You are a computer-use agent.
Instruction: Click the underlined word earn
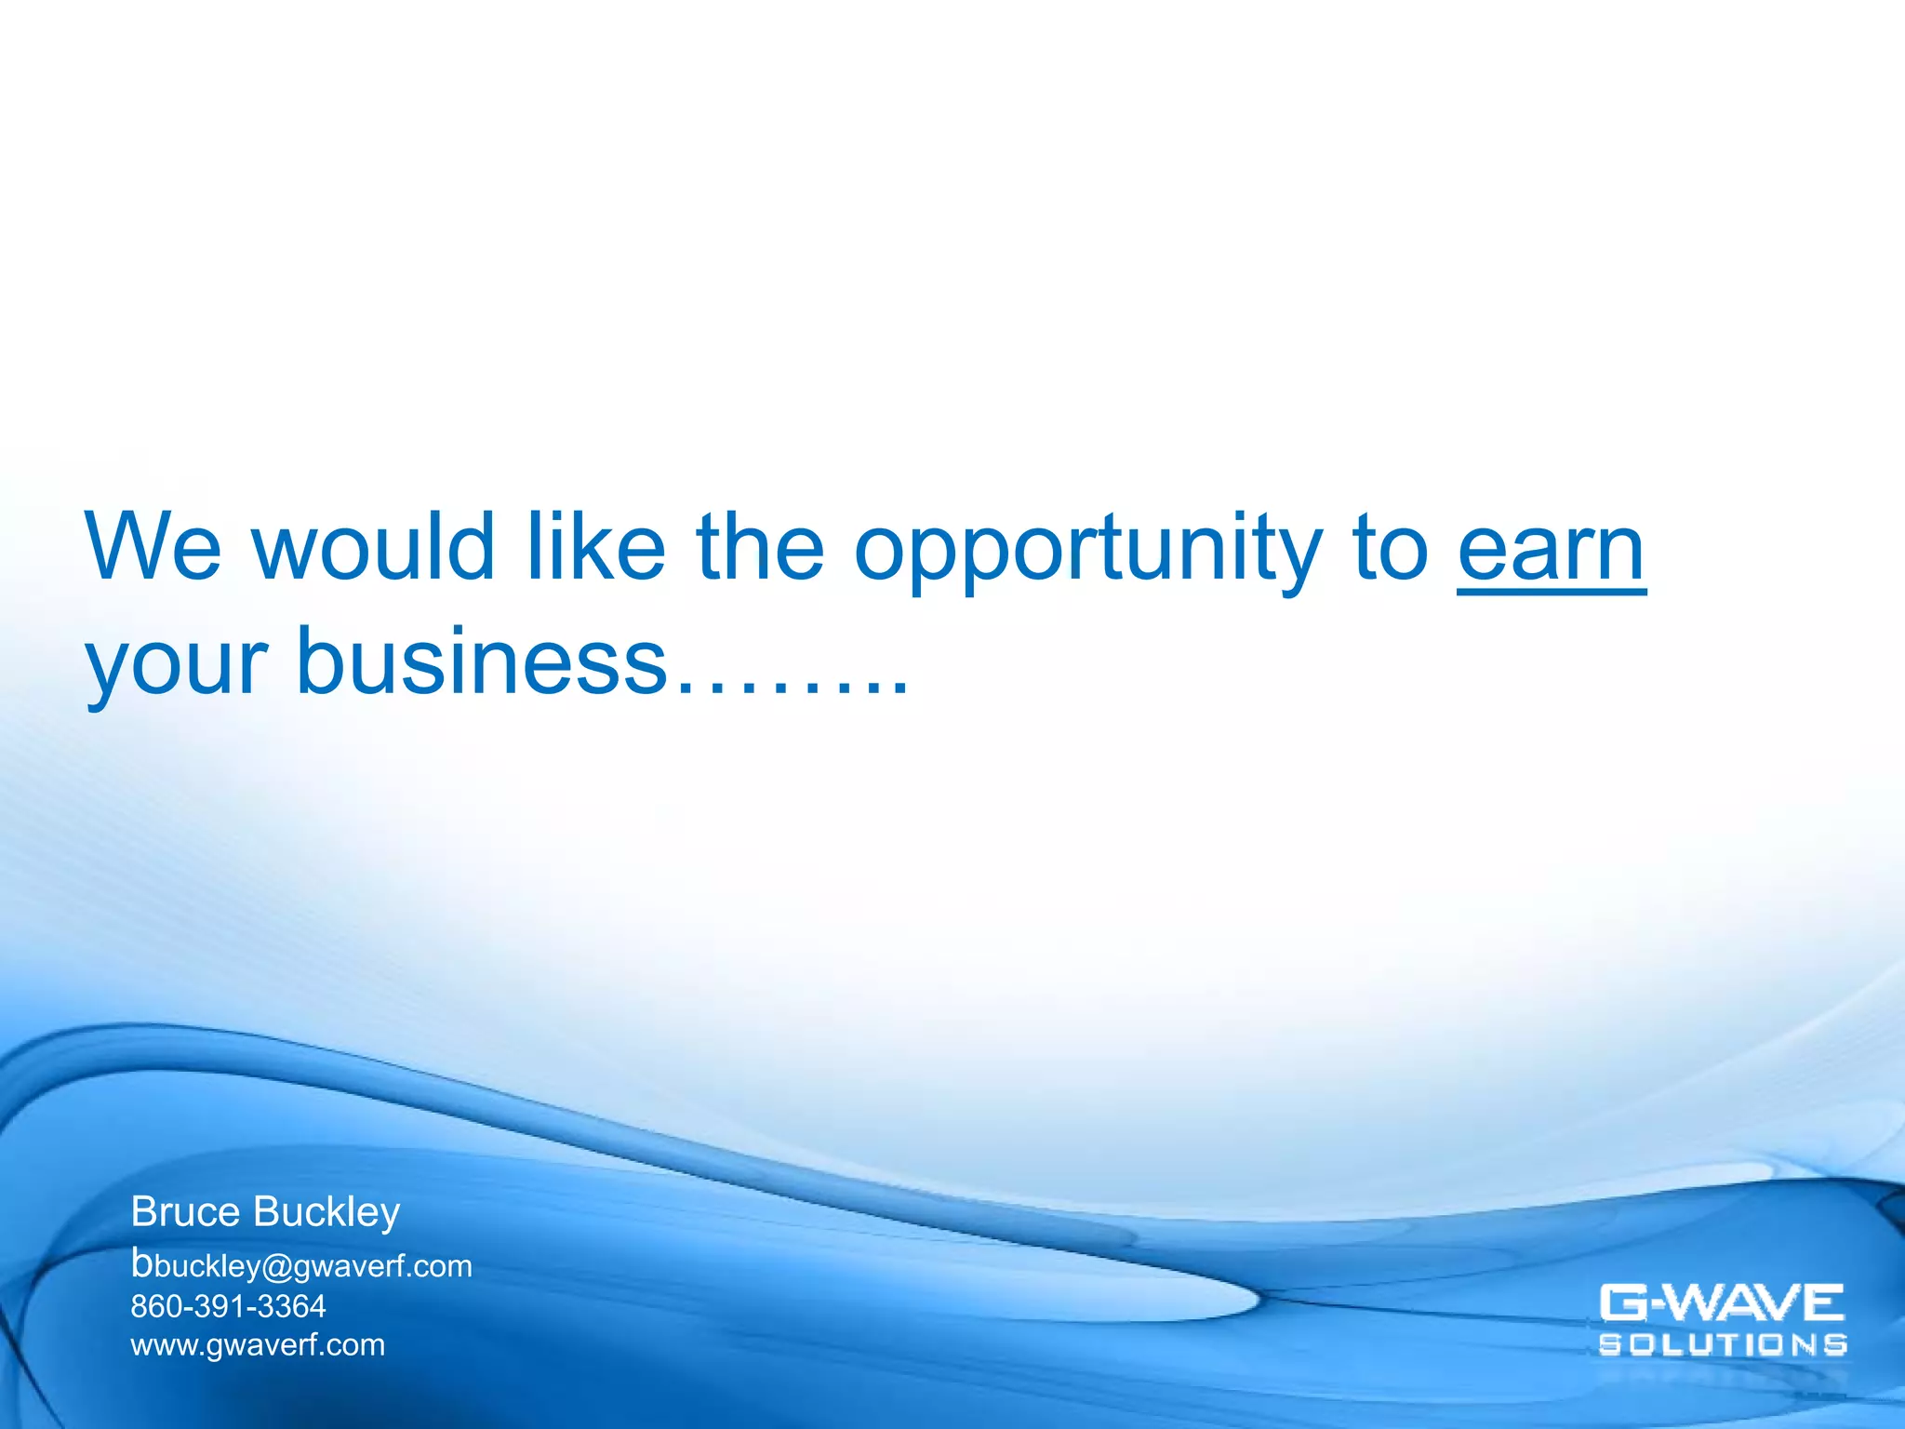click(1551, 550)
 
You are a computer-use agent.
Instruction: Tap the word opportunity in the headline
click(1087, 550)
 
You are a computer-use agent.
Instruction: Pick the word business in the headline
click(482, 663)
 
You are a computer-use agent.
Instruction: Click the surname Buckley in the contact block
click(326, 1212)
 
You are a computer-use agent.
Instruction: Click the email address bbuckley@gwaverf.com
click(301, 1265)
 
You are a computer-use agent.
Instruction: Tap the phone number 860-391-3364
click(228, 1306)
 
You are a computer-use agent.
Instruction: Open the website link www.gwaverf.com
click(258, 1345)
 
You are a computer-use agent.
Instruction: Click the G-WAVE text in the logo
click(1722, 1302)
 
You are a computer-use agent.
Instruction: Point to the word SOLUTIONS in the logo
click(1723, 1344)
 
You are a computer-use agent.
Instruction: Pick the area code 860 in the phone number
click(156, 1306)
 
